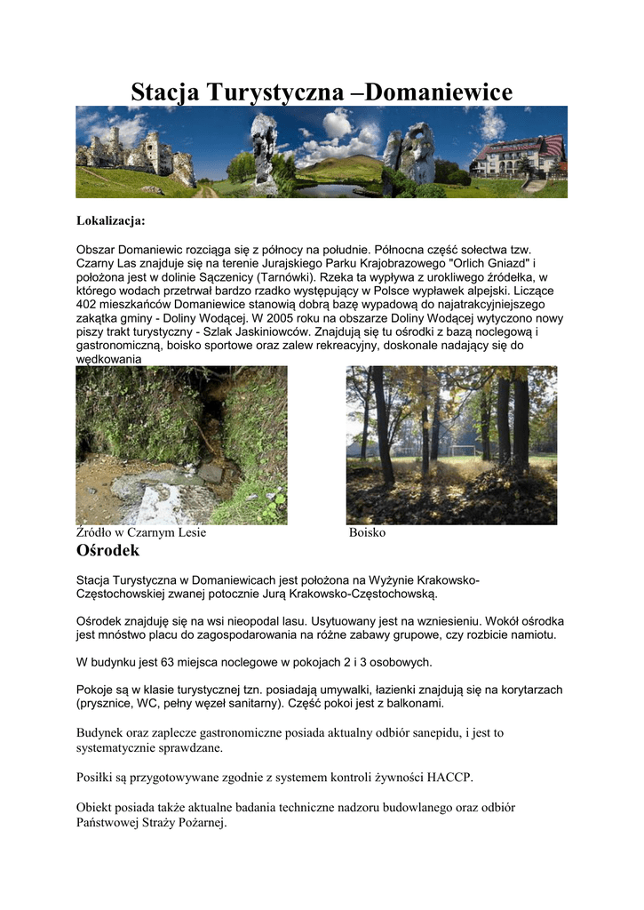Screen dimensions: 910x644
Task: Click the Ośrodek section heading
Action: (107, 551)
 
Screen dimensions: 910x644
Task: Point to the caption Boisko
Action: (367, 532)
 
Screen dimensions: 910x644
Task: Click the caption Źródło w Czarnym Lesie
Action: (141, 532)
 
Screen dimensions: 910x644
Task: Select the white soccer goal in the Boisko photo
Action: (461, 450)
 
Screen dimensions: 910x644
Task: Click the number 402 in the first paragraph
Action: (88, 304)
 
